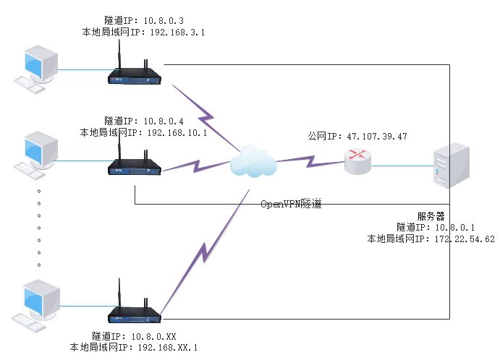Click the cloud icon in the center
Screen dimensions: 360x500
coord(253,162)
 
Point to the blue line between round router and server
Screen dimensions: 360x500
coord(401,164)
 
